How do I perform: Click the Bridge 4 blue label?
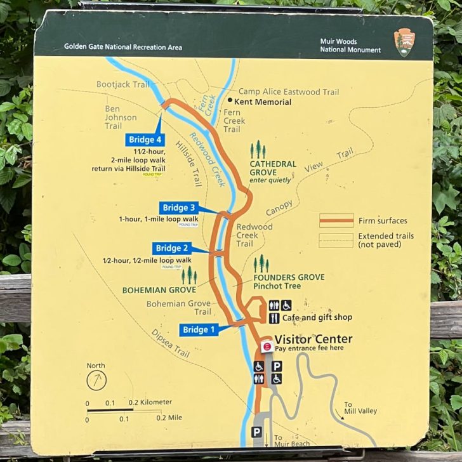pyautogui.click(x=145, y=140)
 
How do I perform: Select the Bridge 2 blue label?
pyautogui.click(x=172, y=248)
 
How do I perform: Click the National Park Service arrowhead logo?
pyautogui.click(x=404, y=42)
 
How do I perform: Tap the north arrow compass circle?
pyautogui.click(x=96, y=380)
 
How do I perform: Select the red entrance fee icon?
pyautogui.click(x=267, y=346)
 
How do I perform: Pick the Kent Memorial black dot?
pyautogui.click(x=230, y=102)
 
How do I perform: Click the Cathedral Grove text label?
pyautogui.click(x=273, y=168)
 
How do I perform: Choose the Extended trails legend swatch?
pyautogui.click(x=336, y=239)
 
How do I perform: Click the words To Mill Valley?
pyautogui.click(x=360, y=407)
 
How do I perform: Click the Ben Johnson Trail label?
pyautogui.click(x=121, y=117)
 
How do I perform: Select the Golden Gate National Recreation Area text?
pyautogui.click(x=123, y=47)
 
